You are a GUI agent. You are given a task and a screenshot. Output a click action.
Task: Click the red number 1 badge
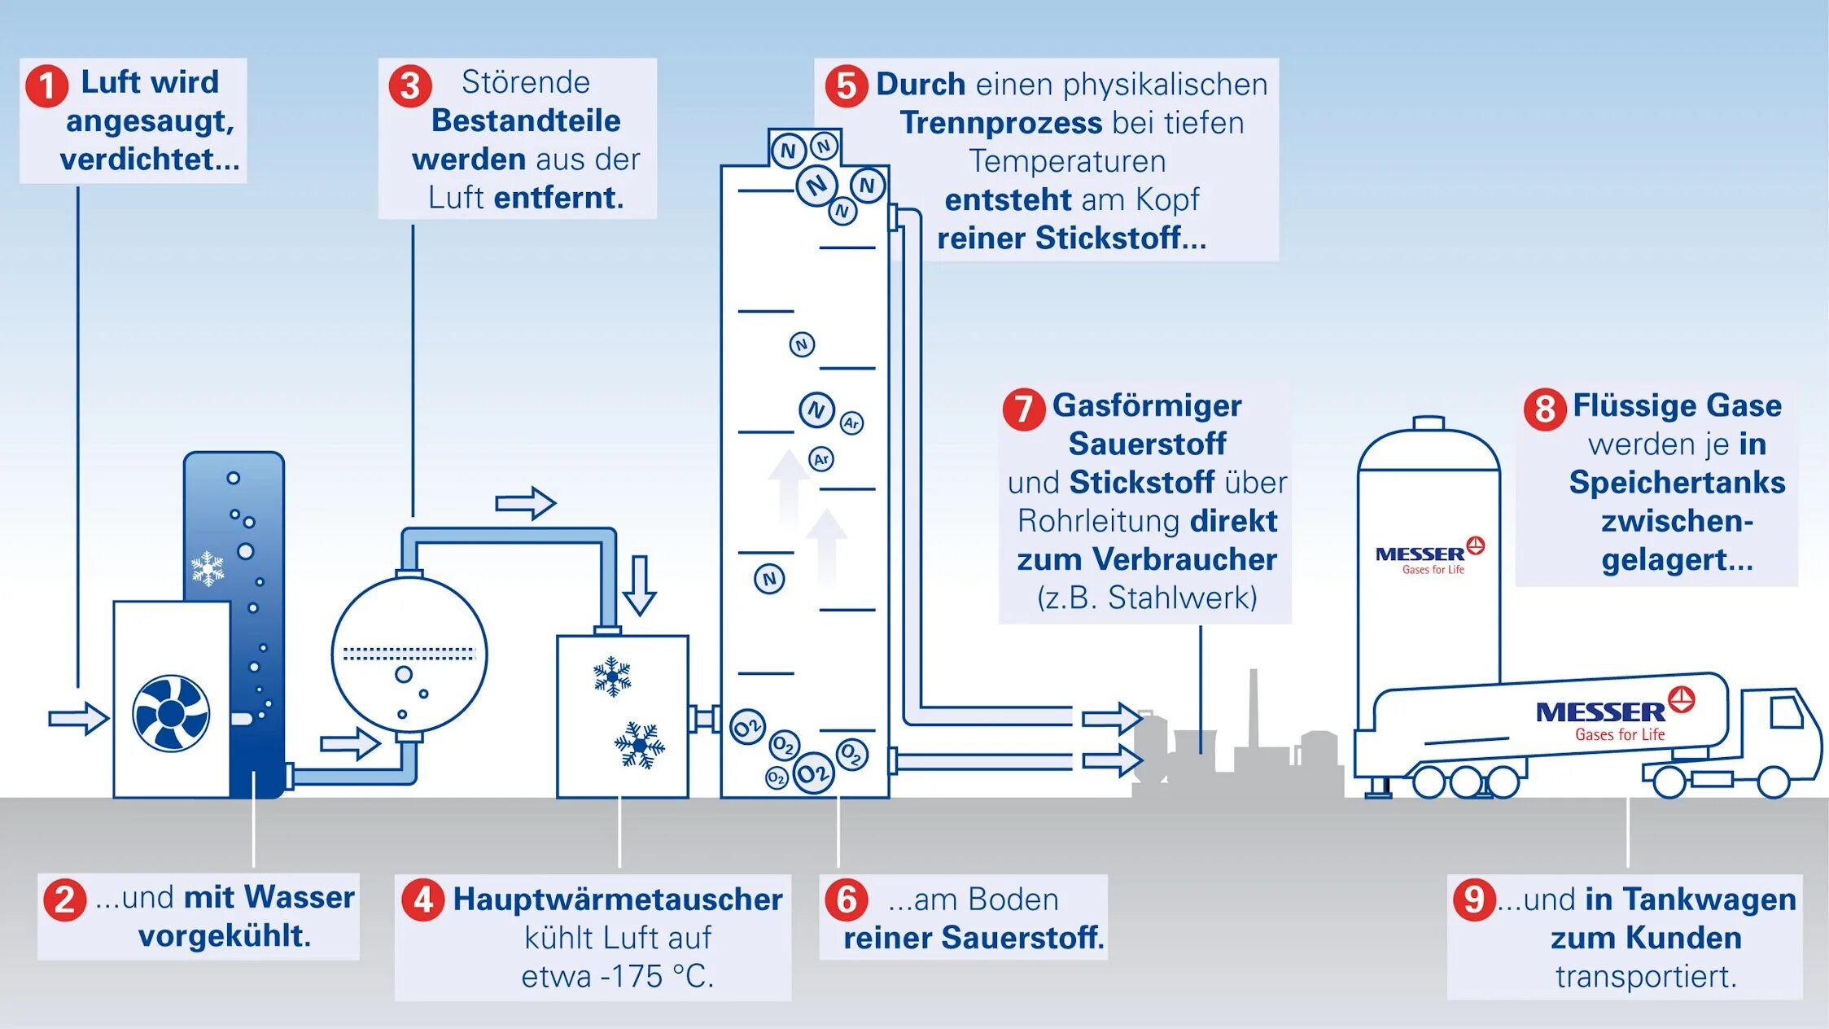(x=46, y=86)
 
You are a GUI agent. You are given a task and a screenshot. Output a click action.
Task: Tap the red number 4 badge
(x=423, y=900)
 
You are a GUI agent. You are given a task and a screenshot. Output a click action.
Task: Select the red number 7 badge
(x=1024, y=409)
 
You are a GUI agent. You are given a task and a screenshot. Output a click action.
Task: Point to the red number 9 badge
(x=1474, y=900)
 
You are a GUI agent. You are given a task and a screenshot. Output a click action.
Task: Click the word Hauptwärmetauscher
(x=618, y=900)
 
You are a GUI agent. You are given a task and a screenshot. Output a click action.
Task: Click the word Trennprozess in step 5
(x=1001, y=123)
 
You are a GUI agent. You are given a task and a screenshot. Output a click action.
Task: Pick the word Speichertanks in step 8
(x=1677, y=482)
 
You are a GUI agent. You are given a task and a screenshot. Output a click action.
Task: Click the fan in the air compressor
(x=171, y=713)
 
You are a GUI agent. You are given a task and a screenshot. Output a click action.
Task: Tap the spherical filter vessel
(x=409, y=655)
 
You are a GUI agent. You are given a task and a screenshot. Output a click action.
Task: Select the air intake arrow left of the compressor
(x=78, y=718)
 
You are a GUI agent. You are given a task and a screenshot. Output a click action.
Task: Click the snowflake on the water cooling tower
(x=208, y=568)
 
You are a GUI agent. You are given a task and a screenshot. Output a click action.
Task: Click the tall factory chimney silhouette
(x=1254, y=708)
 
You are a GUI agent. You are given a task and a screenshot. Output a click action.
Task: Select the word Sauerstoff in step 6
(x=1022, y=938)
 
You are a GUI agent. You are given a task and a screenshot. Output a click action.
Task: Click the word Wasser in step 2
(x=299, y=897)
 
